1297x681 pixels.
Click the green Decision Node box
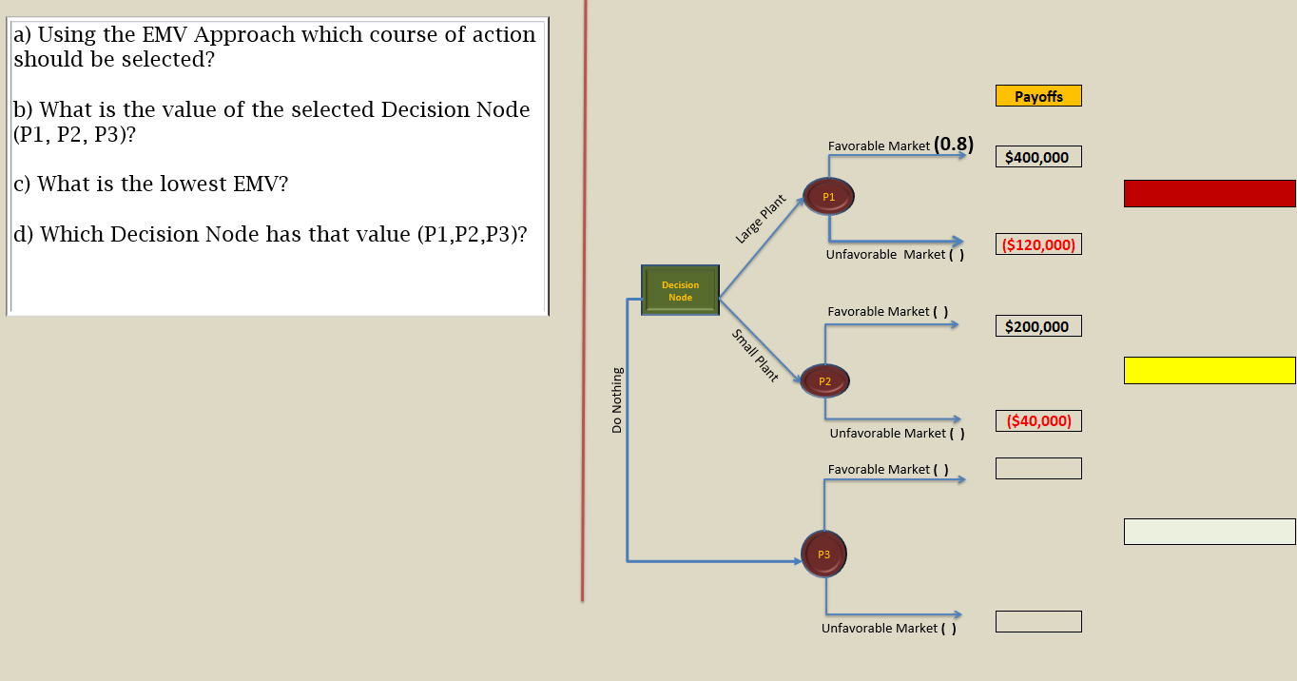[x=680, y=291]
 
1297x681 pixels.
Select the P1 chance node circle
[x=828, y=197]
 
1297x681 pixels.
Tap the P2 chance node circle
[x=824, y=381]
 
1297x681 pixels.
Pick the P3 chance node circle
[x=823, y=554]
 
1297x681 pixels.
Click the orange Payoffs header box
[x=1038, y=96]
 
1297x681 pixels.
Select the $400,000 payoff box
[x=1038, y=157]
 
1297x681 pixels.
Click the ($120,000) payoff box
[x=1038, y=244]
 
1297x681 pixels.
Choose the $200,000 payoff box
[x=1038, y=326]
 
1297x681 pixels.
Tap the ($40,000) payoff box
[x=1038, y=420]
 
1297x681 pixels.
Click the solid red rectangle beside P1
[x=1210, y=193]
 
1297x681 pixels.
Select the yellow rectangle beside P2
[x=1210, y=370]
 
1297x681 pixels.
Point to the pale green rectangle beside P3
[x=1210, y=532]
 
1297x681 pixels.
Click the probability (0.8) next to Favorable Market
[x=954, y=145]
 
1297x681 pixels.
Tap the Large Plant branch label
[x=761, y=220]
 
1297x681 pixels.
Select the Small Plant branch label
[x=755, y=356]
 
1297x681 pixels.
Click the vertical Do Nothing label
[x=617, y=400]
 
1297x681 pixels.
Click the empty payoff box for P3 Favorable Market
[x=1038, y=468]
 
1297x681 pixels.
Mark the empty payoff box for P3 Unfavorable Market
[x=1038, y=621]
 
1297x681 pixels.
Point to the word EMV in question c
[x=260, y=184]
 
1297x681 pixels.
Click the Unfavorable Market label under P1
[x=885, y=255]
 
